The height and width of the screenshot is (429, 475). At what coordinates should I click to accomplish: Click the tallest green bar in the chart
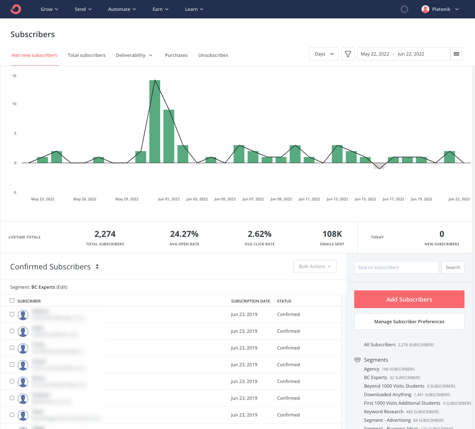tap(155, 122)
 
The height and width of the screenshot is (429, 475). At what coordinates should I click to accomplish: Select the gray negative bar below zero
tap(379, 166)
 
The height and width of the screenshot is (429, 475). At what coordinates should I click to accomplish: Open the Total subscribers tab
tap(86, 55)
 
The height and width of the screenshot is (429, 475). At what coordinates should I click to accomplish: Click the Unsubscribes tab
tap(213, 55)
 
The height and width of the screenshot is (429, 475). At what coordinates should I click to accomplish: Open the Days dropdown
tap(324, 54)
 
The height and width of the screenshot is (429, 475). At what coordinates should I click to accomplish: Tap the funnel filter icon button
tap(348, 54)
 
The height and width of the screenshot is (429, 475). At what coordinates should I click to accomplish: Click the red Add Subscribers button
tap(409, 299)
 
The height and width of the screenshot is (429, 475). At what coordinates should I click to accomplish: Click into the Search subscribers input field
tap(396, 267)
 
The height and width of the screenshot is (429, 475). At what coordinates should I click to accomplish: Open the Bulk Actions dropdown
tap(315, 266)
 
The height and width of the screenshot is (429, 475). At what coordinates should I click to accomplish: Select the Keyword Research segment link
tap(383, 412)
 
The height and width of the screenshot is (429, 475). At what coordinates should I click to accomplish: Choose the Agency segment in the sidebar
tap(371, 369)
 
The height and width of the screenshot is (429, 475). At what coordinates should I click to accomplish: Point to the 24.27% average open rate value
tap(184, 234)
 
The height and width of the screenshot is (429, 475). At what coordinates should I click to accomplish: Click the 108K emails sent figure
tap(332, 234)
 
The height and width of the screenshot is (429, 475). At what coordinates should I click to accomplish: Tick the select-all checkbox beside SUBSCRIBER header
tap(12, 301)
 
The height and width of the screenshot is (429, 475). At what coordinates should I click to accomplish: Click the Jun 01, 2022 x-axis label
tap(169, 199)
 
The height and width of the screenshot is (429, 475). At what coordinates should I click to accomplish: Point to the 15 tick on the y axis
tap(14, 76)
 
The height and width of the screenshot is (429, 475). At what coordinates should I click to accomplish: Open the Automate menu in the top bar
tap(122, 9)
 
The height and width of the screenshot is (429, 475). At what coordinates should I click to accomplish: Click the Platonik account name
tap(441, 9)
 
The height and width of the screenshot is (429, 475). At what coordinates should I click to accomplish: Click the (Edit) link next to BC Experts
tap(62, 287)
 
